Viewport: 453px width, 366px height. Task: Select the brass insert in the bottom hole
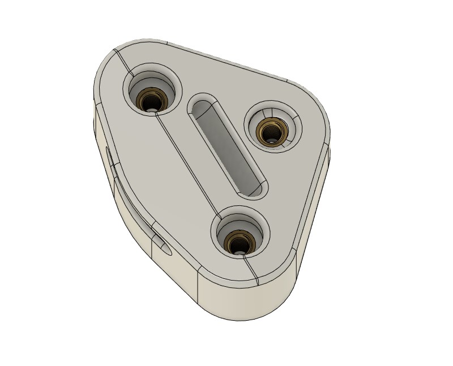click(238, 241)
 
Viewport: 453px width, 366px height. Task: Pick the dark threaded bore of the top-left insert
click(151, 103)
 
